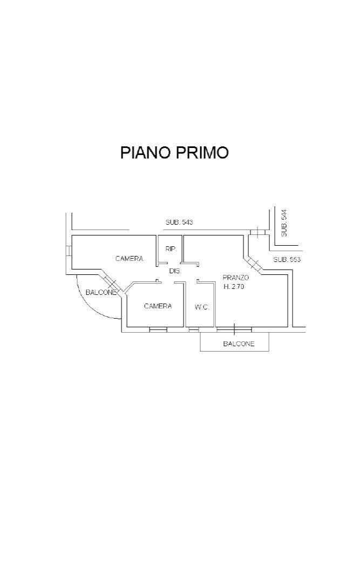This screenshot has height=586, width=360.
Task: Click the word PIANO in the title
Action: (x=145, y=152)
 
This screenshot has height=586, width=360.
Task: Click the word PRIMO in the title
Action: (x=201, y=152)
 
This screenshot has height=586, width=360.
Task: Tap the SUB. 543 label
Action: (x=179, y=222)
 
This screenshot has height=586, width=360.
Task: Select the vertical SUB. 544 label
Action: (x=284, y=223)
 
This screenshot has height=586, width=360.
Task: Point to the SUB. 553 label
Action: (x=287, y=259)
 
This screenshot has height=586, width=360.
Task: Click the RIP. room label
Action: (x=171, y=249)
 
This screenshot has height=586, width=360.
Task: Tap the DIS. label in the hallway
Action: (x=175, y=271)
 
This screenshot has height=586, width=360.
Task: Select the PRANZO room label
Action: (x=236, y=278)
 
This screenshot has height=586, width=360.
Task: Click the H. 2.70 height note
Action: (x=234, y=287)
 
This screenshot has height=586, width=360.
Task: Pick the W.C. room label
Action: (x=202, y=307)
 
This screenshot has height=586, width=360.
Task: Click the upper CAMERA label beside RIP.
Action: (x=130, y=259)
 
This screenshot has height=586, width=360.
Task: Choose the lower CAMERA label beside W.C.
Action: (x=158, y=306)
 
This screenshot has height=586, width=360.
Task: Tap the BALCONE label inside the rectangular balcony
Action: (x=239, y=344)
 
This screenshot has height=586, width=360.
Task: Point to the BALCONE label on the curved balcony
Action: (x=101, y=292)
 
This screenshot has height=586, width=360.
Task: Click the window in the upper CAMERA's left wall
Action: (x=70, y=252)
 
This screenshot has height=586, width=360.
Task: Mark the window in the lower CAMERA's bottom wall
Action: (x=158, y=329)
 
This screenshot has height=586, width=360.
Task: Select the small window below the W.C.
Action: (x=193, y=329)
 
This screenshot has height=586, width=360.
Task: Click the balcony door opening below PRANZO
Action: (x=234, y=328)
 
